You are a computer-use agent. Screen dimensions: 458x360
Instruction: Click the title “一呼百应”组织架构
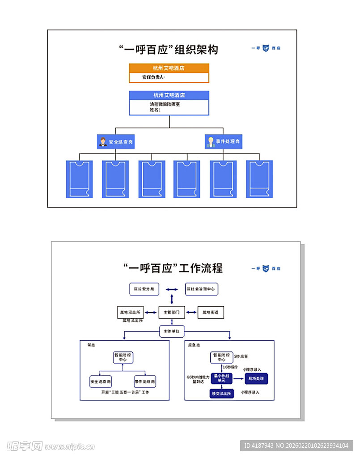pyautogui.click(x=169, y=49)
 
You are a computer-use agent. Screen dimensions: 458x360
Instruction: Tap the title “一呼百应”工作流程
pyautogui.click(x=173, y=268)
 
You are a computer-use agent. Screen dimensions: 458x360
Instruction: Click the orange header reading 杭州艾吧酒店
pyautogui.click(x=169, y=68)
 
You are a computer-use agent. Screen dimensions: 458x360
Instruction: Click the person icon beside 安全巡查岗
pyautogui.click(x=103, y=142)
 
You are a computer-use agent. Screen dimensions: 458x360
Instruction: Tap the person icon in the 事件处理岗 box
pyautogui.click(x=211, y=142)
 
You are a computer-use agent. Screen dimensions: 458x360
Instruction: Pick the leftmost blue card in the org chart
pyautogui.click(x=80, y=179)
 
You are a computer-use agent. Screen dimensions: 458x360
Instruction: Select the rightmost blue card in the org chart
pyautogui.click(x=259, y=179)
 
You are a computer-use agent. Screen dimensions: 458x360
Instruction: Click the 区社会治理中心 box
pyautogui.click(x=201, y=289)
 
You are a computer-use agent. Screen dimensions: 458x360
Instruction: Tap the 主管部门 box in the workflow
pyautogui.click(x=172, y=312)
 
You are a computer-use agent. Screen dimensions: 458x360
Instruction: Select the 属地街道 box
pyautogui.click(x=211, y=312)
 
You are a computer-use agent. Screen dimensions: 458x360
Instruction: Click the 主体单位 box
pyautogui.click(x=172, y=331)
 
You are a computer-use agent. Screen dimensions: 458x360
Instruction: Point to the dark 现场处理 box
pyautogui.click(x=256, y=378)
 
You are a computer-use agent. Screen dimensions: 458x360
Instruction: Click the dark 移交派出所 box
pyautogui.click(x=222, y=394)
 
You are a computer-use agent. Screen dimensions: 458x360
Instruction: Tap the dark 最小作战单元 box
pyautogui.click(x=222, y=378)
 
